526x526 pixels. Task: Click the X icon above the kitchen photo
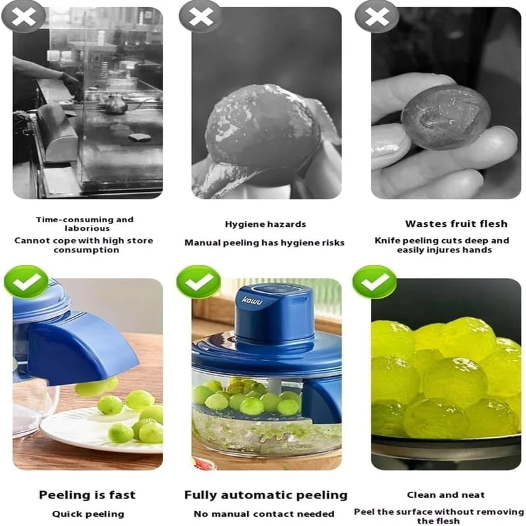tap(24, 16)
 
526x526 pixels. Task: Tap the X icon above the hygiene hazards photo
tap(200, 16)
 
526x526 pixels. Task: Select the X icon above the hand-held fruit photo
tap(377, 16)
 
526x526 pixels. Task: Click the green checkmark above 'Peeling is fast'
tap(26, 282)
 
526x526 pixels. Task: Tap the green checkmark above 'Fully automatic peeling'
tap(198, 282)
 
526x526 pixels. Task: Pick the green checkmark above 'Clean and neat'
tap(374, 282)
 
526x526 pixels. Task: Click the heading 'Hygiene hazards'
tap(265, 224)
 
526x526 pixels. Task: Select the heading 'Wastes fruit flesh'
tap(446, 224)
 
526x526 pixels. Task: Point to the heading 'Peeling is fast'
tap(87, 495)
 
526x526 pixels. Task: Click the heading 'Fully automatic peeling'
tap(265, 495)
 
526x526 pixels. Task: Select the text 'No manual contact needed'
tap(264, 514)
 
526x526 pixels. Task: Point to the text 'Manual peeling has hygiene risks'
tap(264, 243)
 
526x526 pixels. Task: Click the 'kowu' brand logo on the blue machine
tap(252, 300)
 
